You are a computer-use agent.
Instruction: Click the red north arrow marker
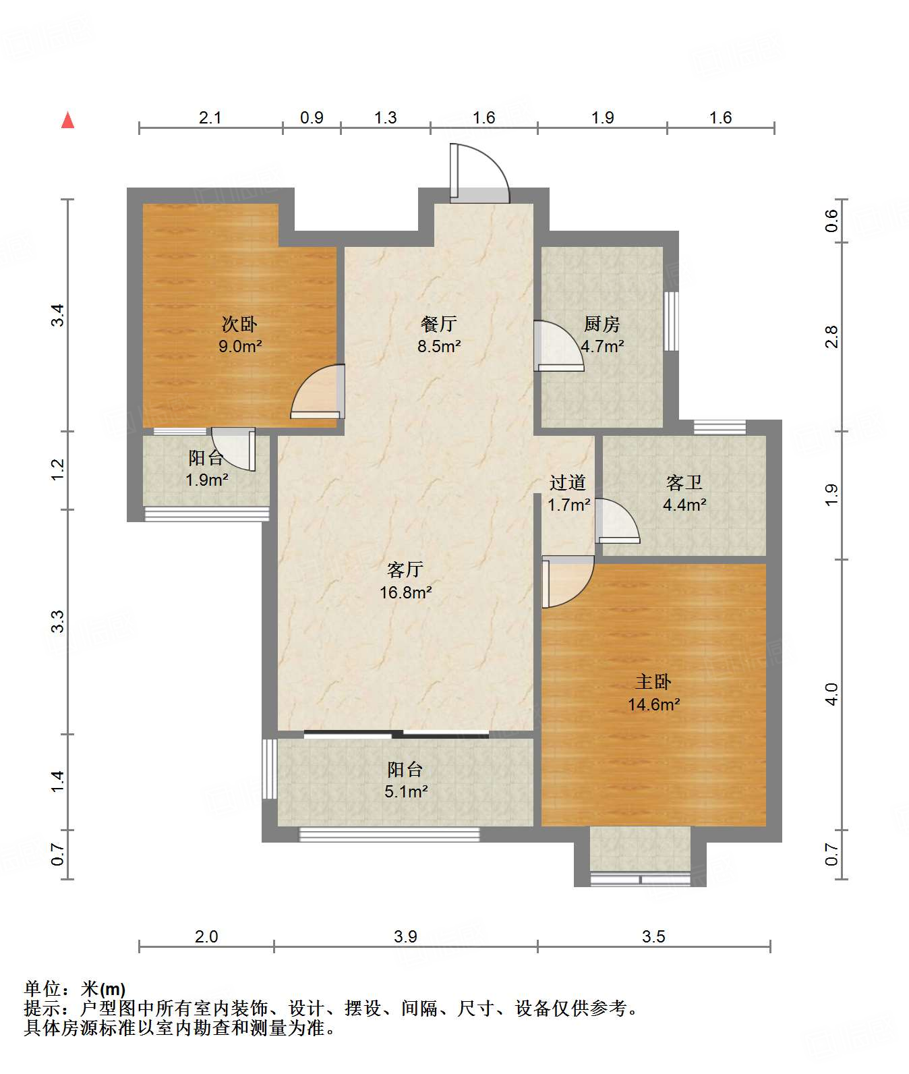click(67, 120)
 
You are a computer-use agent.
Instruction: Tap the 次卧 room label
click(239, 324)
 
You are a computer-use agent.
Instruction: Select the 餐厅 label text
click(438, 324)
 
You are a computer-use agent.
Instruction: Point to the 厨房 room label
click(602, 324)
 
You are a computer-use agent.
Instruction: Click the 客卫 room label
click(684, 482)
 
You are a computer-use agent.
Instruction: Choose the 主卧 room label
click(653, 682)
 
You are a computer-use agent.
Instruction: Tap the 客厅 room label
click(405, 570)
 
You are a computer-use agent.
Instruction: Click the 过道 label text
click(567, 482)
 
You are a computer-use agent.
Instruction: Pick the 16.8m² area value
click(405, 592)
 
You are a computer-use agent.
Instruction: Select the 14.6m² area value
click(653, 704)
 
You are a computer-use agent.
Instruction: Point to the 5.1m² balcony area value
click(406, 791)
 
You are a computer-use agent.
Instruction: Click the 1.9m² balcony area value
click(206, 480)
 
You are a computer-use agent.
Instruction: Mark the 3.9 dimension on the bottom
click(406, 936)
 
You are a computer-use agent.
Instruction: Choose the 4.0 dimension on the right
click(832, 694)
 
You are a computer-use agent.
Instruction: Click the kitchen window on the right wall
click(671, 321)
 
